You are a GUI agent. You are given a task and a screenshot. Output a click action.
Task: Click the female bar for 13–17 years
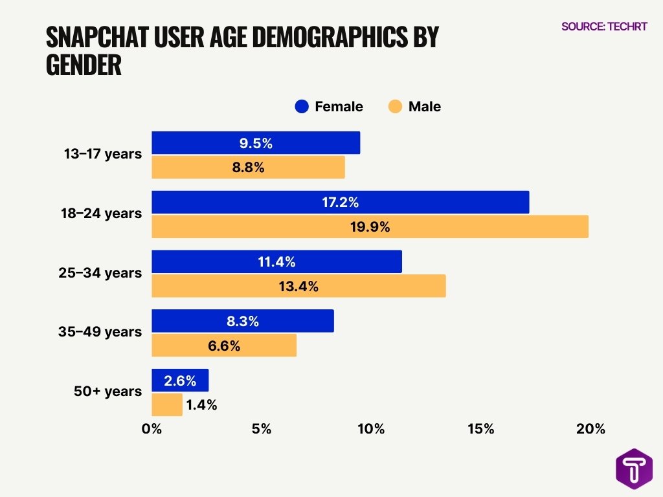click(x=255, y=143)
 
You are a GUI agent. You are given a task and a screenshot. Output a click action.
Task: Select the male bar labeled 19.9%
click(x=370, y=227)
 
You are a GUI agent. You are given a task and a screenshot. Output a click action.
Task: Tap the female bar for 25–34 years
click(x=276, y=261)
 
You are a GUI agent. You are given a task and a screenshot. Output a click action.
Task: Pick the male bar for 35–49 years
click(x=223, y=346)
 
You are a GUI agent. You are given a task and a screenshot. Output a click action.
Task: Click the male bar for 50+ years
click(x=166, y=405)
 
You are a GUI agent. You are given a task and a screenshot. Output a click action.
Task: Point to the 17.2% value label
click(x=340, y=203)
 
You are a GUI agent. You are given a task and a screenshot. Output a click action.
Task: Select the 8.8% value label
click(x=249, y=168)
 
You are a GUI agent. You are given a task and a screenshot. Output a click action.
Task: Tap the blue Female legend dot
click(x=302, y=107)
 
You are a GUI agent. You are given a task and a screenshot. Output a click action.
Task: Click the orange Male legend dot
click(x=395, y=107)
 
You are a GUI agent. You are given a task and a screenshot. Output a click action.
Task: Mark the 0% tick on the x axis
click(x=152, y=429)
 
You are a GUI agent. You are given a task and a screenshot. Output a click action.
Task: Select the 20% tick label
click(x=590, y=429)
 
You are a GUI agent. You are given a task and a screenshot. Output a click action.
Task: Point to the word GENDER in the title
click(x=84, y=65)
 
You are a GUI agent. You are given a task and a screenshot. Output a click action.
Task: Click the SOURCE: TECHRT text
click(x=603, y=27)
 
